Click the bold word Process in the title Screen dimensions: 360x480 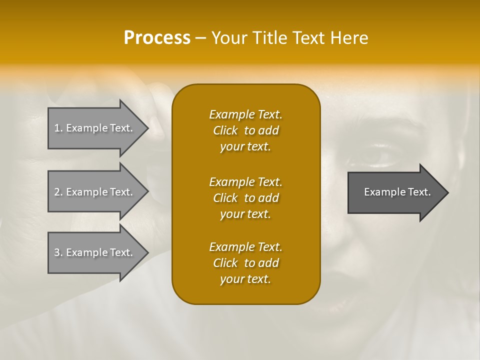click(157, 38)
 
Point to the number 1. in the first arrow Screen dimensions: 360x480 click(58, 128)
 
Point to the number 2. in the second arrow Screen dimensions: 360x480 click(58, 192)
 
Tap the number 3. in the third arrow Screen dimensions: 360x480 click(58, 252)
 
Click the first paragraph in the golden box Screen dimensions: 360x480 click(245, 130)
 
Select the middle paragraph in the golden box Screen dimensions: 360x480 click(245, 197)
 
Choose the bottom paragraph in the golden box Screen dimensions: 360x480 click(245, 263)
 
